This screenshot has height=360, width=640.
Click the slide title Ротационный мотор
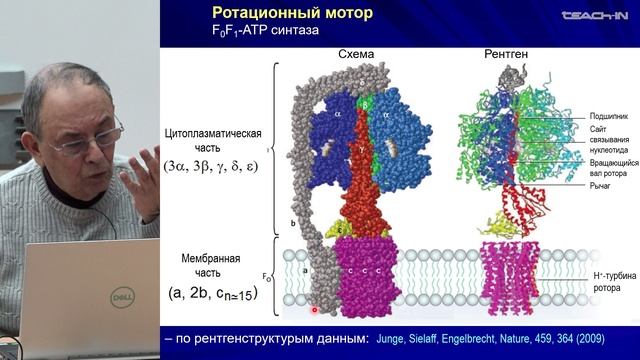294,14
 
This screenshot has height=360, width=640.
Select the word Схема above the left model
358,57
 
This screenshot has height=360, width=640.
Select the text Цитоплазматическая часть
213,140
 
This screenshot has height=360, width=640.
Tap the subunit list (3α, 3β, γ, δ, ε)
213,166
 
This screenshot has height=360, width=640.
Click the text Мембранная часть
213,255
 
